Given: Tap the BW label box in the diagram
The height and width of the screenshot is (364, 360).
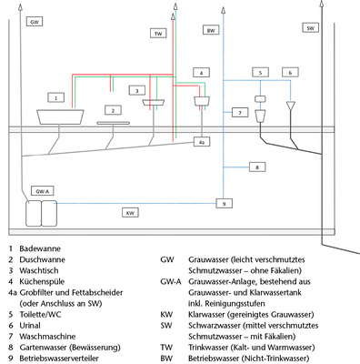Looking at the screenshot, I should coord(211,30).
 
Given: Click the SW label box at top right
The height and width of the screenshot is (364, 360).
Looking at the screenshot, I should coord(311,28).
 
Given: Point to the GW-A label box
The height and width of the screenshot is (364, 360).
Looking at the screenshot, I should coord(42,192).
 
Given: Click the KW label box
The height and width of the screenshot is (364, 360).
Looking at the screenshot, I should coord(131,212).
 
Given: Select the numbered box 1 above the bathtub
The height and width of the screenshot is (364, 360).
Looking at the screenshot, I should coord(56,96).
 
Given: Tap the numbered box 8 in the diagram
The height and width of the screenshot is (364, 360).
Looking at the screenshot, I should coord(257,167).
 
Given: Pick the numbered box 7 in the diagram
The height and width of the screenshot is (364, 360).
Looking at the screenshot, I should coord(238,113).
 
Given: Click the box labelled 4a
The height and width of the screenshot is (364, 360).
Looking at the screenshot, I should coord(203,142).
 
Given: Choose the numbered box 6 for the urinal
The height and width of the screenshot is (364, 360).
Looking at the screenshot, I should coord(289,72).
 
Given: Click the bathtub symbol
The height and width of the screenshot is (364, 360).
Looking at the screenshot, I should coord(59,116).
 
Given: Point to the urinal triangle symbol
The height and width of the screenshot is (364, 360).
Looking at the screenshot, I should coord(291,107).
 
